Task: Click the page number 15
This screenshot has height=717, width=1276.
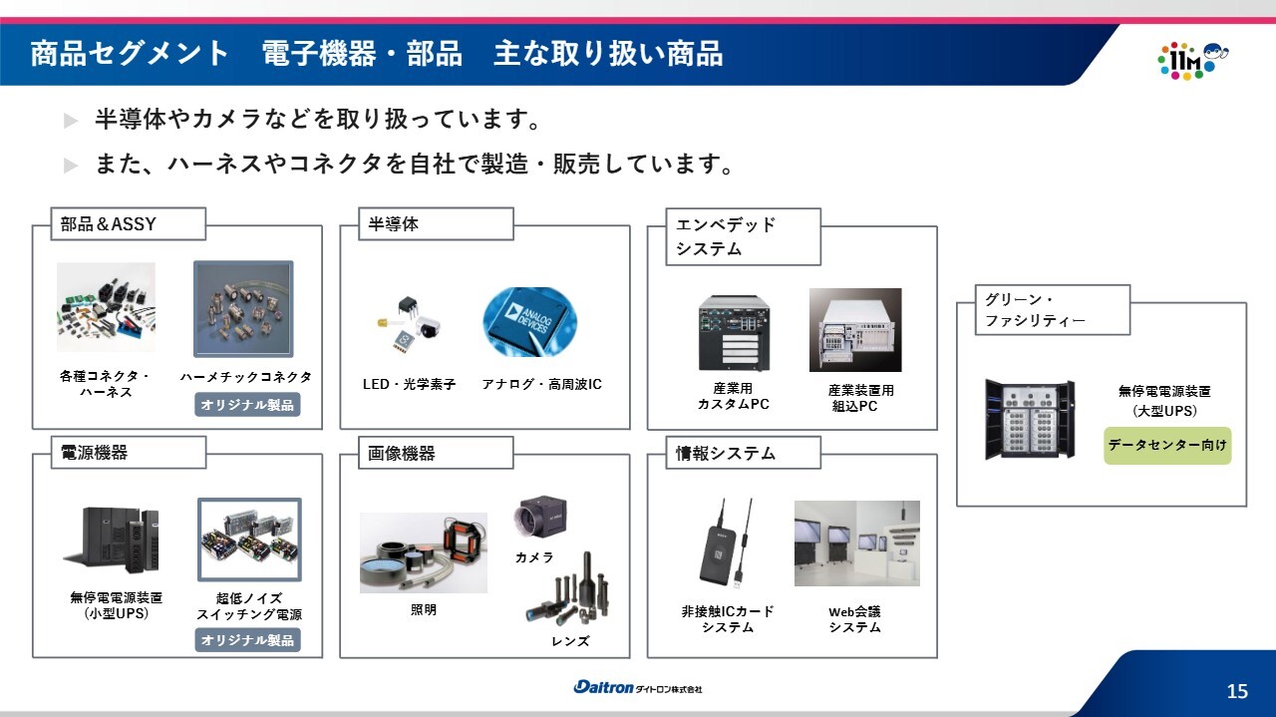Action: pos(1237,691)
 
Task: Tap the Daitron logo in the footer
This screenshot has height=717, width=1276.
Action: pos(637,687)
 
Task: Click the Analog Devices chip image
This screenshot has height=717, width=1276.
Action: pos(529,322)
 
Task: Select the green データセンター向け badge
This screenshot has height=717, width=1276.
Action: pos(1167,445)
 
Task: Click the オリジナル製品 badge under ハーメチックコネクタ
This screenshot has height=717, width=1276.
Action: pos(247,405)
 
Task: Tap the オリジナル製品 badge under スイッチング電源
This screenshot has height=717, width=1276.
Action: pos(247,640)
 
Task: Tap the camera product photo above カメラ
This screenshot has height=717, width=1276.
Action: pos(539,517)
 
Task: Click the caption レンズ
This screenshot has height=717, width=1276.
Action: pos(570,641)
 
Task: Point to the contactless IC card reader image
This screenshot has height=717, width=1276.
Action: pos(725,547)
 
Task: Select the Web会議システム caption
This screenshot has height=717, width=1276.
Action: pos(854,619)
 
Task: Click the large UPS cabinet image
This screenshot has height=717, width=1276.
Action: pos(1030,420)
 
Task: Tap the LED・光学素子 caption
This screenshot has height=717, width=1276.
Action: pos(409,384)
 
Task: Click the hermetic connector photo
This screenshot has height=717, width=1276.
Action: pos(244,309)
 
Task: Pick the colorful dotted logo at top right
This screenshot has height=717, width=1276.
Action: pos(1193,61)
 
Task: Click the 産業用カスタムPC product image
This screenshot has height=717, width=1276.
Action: pos(734,333)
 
